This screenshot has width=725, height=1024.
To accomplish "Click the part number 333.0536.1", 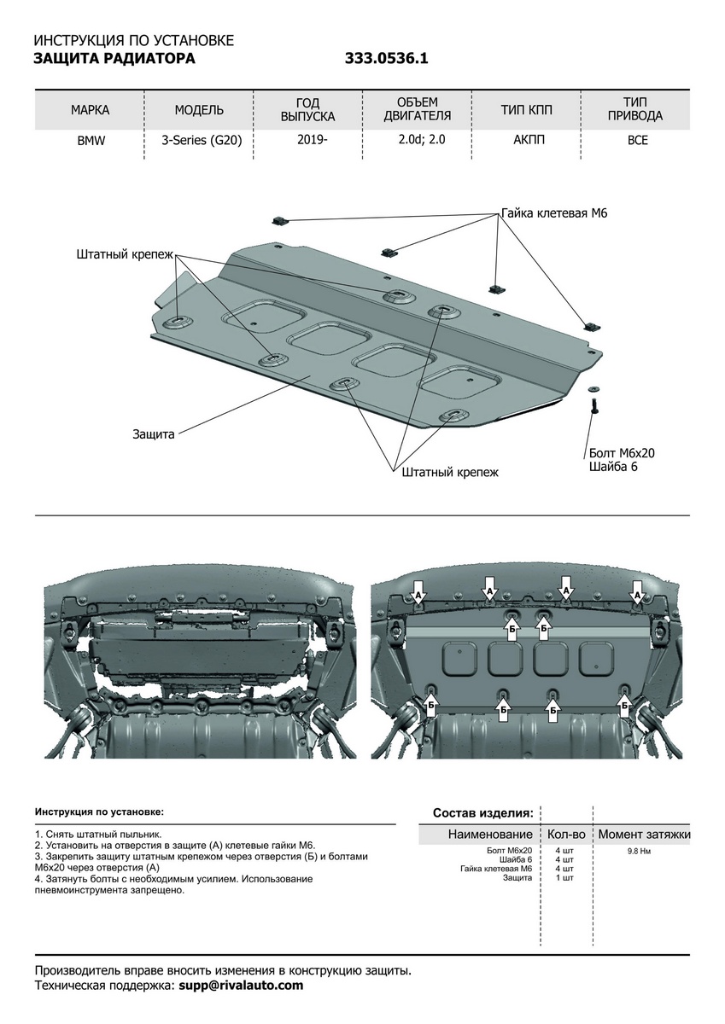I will pos(386,59).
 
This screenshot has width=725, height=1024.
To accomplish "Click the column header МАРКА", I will pos(91,110).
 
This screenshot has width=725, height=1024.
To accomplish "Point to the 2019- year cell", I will pos(312,141).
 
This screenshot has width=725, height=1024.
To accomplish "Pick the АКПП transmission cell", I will pos(527,141).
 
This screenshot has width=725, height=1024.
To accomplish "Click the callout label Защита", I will pos(154,434).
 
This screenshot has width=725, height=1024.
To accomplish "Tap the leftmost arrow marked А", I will pos(418,593).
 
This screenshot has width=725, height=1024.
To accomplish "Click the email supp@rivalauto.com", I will pos(240,986).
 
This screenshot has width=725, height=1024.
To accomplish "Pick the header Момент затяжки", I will pos(644,834).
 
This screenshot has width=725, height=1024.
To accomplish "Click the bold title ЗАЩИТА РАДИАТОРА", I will pos(114,59).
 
